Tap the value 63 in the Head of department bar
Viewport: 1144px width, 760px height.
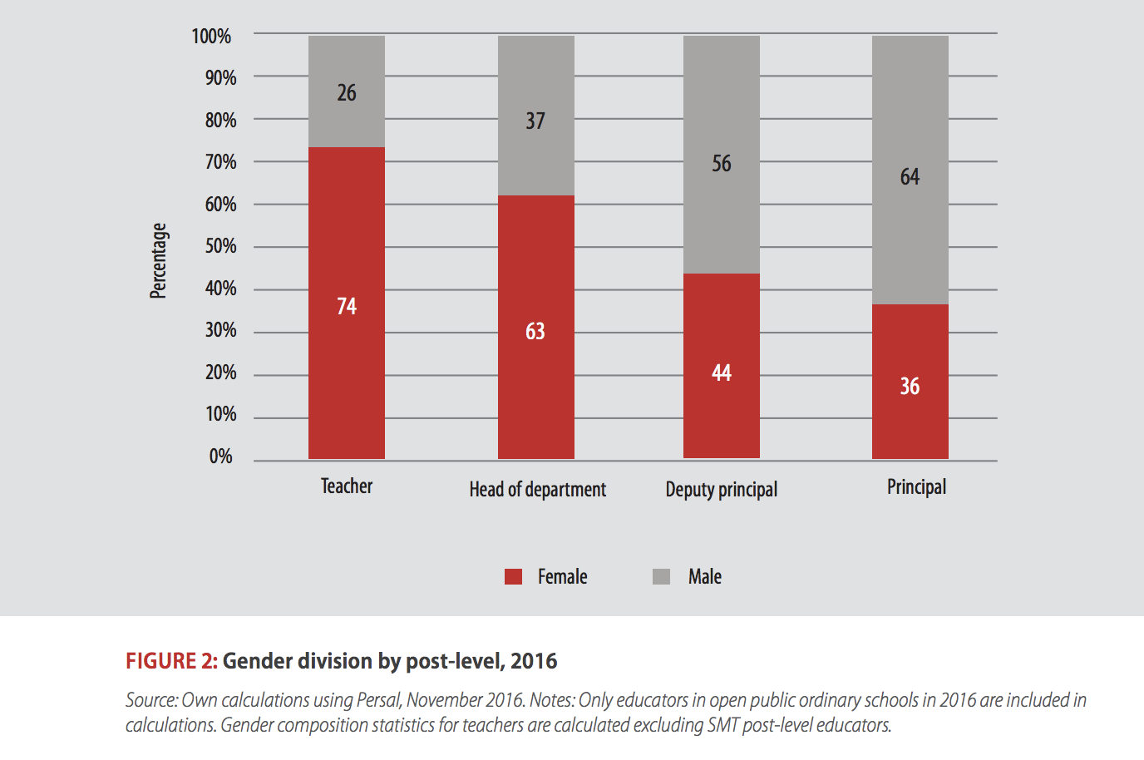pyautogui.click(x=535, y=332)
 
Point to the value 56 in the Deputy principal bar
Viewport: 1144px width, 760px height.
pyautogui.click(x=722, y=164)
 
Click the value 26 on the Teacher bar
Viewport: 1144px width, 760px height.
pyautogui.click(x=347, y=93)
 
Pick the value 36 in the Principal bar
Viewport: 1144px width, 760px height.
pyautogui.click(x=910, y=387)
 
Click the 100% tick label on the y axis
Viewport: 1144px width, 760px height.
pyautogui.click(x=211, y=37)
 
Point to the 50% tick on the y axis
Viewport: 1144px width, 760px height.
pyautogui.click(x=220, y=246)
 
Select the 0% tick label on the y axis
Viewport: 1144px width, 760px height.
pyautogui.click(x=220, y=456)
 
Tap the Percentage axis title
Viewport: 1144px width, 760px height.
pyautogui.click(x=158, y=260)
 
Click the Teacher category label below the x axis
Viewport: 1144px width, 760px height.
pyautogui.click(x=347, y=486)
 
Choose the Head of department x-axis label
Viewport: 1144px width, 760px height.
pyautogui.click(x=537, y=490)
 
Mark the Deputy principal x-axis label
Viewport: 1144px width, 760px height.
pyautogui.click(x=722, y=490)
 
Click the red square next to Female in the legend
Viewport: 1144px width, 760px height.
pyautogui.click(x=514, y=577)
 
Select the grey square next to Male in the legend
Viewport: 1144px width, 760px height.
pyautogui.click(x=662, y=577)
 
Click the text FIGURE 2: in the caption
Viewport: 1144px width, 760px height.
pyautogui.click(x=171, y=661)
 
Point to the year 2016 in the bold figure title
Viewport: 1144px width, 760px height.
pyautogui.click(x=534, y=661)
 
